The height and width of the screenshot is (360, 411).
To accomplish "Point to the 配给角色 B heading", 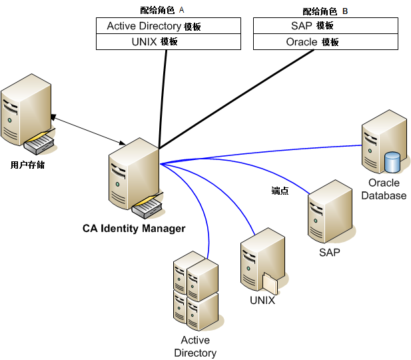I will tap(325, 11).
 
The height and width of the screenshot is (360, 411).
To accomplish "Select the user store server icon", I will tap(27, 114).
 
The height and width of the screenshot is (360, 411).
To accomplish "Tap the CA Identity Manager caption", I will tap(134, 229).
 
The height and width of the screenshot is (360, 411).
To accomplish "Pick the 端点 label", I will tap(280, 191).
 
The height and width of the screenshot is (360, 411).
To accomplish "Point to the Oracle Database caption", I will tap(384, 189).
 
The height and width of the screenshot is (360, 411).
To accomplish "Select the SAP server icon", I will tap(329, 212).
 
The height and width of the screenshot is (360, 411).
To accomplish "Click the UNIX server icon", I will tap(262, 260).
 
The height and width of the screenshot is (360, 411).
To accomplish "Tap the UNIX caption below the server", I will tap(262, 301).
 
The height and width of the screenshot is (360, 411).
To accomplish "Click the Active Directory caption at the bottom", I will tap(195, 347).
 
